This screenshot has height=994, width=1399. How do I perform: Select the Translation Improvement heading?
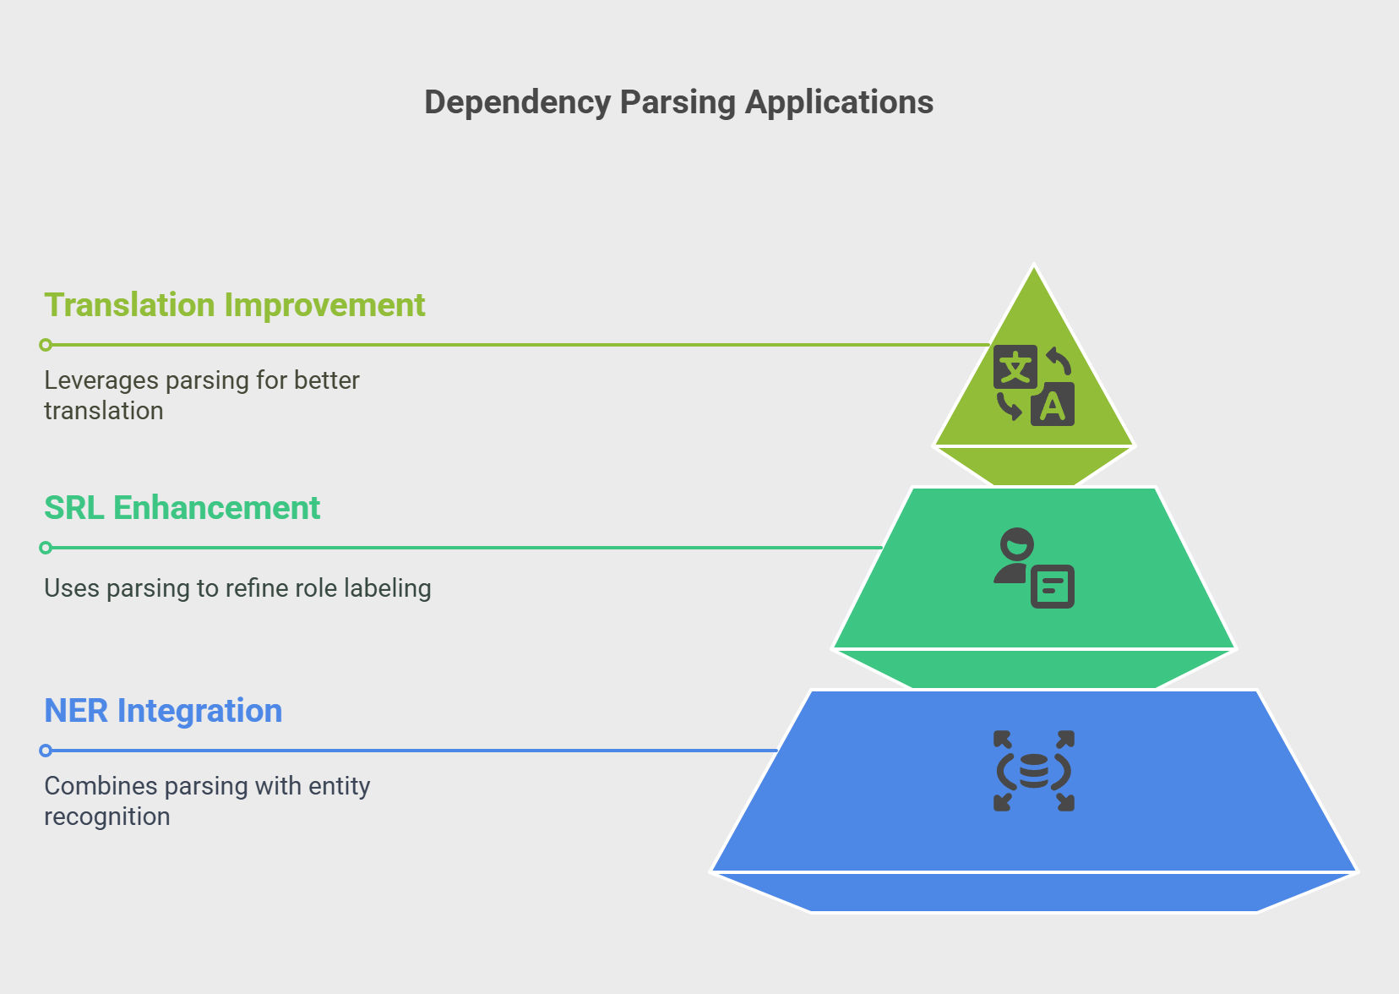pyautogui.click(x=234, y=305)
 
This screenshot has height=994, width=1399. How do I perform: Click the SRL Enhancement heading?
pyautogui.click(x=182, y=507)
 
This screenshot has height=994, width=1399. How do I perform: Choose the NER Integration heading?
pyautogui.click(x=163, y=711)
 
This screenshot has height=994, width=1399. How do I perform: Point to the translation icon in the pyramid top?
pyautogui.click(x=1034, y=385)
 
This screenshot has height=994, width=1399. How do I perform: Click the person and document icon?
pyautogui.click(x=1034, y=568)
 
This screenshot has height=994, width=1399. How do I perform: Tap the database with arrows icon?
pyautogui.click(x=1034, y=771)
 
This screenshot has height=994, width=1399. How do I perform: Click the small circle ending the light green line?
pyautogui.click(x=46, y=345)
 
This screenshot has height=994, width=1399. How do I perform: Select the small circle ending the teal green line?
pyautogui.click(x=46, y=548)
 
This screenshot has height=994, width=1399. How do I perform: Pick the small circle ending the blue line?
pyautogui.click(x=46, y=751)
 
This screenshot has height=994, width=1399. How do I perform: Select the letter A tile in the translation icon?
pyautogui.click(x=1053, y=405)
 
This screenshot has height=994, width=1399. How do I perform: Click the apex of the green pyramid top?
pyautogui.click(x=1034, y=266)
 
